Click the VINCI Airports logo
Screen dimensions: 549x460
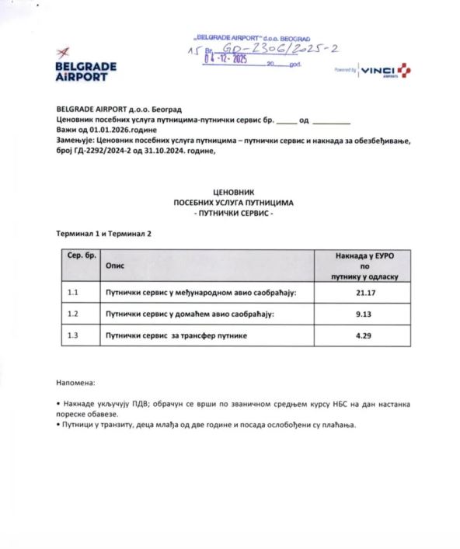[x=385, y=71]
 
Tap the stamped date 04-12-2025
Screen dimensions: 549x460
[x=225, y=59]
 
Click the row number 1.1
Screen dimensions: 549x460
[x=74, y=293]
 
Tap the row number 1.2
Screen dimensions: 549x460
[x=74, y=314]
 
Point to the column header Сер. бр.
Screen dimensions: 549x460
[x=81, y=255]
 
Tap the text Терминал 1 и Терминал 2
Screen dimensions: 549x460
[x=104, y=233]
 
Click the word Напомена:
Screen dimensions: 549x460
[x=76, y=383]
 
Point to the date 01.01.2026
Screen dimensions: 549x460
[x=115, y=130]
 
